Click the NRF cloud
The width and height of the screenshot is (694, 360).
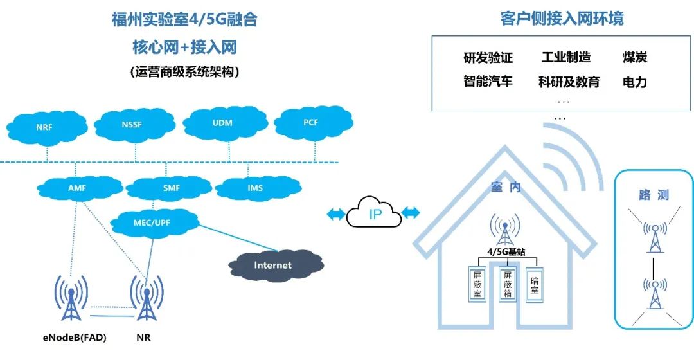click(x=45, y=126)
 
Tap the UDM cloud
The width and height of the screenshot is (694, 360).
click(x=222, y=122)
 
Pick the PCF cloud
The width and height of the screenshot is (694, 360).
click(x=311, y=122)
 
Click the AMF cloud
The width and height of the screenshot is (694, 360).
click(x=77, y=188)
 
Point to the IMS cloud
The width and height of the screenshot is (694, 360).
click(x=255, y=188)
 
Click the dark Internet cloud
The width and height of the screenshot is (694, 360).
click(x=272, y=265)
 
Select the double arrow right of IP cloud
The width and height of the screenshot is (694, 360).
click(x=411, y=213)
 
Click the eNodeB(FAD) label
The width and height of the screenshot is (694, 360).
click(x=71, y=337)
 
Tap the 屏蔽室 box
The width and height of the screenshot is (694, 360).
click(x=477, y=284)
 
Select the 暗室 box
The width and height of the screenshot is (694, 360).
click(x=534, y=285)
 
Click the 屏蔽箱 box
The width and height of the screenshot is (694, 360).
click(x=508, y=284)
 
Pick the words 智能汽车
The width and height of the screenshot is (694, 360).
click(x=488, y=82)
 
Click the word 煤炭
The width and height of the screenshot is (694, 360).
click(x=634, y=57)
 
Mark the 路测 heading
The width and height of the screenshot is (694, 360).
click(x=654, y=195)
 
